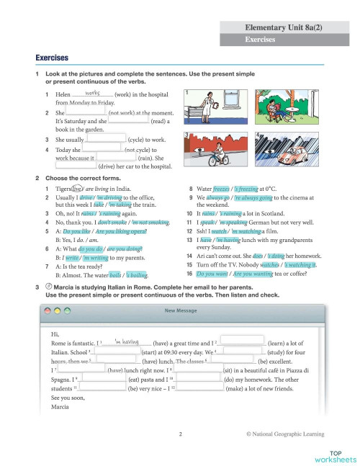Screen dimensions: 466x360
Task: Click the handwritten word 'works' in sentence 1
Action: click(91, 93)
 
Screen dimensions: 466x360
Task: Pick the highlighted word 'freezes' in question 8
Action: click(221, 189)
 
